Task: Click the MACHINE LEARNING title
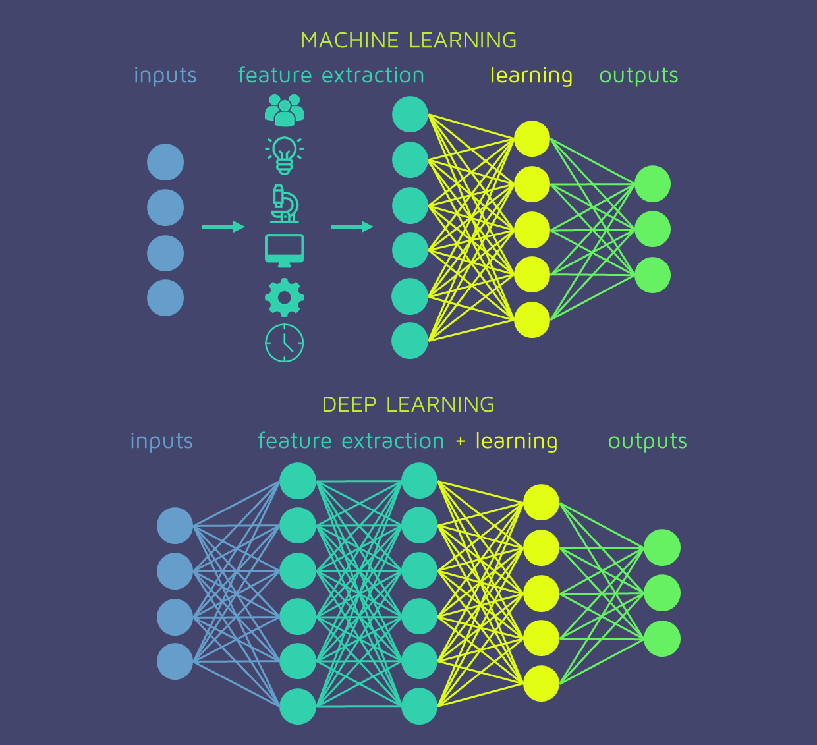coord(408,40)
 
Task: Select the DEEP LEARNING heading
coord(408,404)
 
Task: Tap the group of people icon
coord(284,110)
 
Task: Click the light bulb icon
coord(284,155)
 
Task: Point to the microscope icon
coord(285,204)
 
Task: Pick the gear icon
coord(284,297)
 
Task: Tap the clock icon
coord(284,343)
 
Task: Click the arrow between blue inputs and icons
coord(223,227)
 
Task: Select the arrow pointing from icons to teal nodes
coord(352,227)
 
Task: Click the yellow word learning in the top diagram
coord(531,76)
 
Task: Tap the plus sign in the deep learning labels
coord(460,441)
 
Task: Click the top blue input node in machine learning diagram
coord(165,162)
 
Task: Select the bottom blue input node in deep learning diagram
coord(175,661)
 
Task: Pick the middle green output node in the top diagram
coord(652,229)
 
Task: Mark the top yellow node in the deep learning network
coord(541,502)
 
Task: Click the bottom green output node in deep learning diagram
coord(662,638)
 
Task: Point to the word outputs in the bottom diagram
coord(647,441)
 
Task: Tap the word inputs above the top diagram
coord(165,76)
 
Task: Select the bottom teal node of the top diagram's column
coord(410,341)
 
